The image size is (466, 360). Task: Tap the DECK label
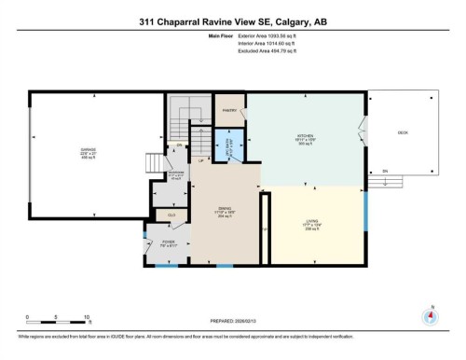(x=403, y=132)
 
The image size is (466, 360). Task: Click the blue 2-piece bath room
(x=233, y=145)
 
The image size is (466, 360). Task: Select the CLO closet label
(x=171, y=215)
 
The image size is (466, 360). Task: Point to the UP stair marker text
(x=200, y=161)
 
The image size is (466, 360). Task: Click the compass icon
(x=431, y=315)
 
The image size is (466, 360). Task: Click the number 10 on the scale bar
(x=88, y=317)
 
